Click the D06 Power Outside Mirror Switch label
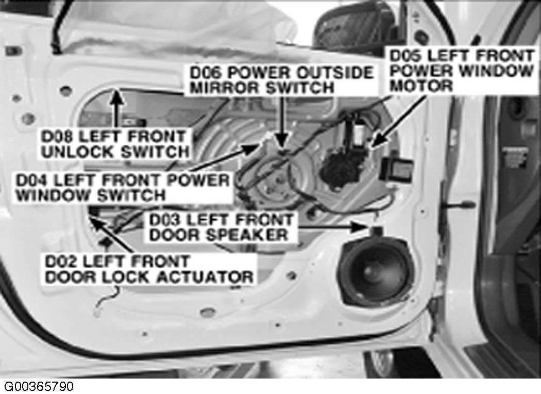coord(281,80)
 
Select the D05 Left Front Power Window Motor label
coord(462,71)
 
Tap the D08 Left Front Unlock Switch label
coord(115,144)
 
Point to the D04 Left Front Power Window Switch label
coord(123,188)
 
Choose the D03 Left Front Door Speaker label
coord(221,227)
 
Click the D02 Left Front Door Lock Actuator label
coord(149,269)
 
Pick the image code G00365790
coord(38,386)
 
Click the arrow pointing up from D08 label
coord(117,108)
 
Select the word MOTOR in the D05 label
coord(421,85)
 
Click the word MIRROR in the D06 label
coord(225,87)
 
